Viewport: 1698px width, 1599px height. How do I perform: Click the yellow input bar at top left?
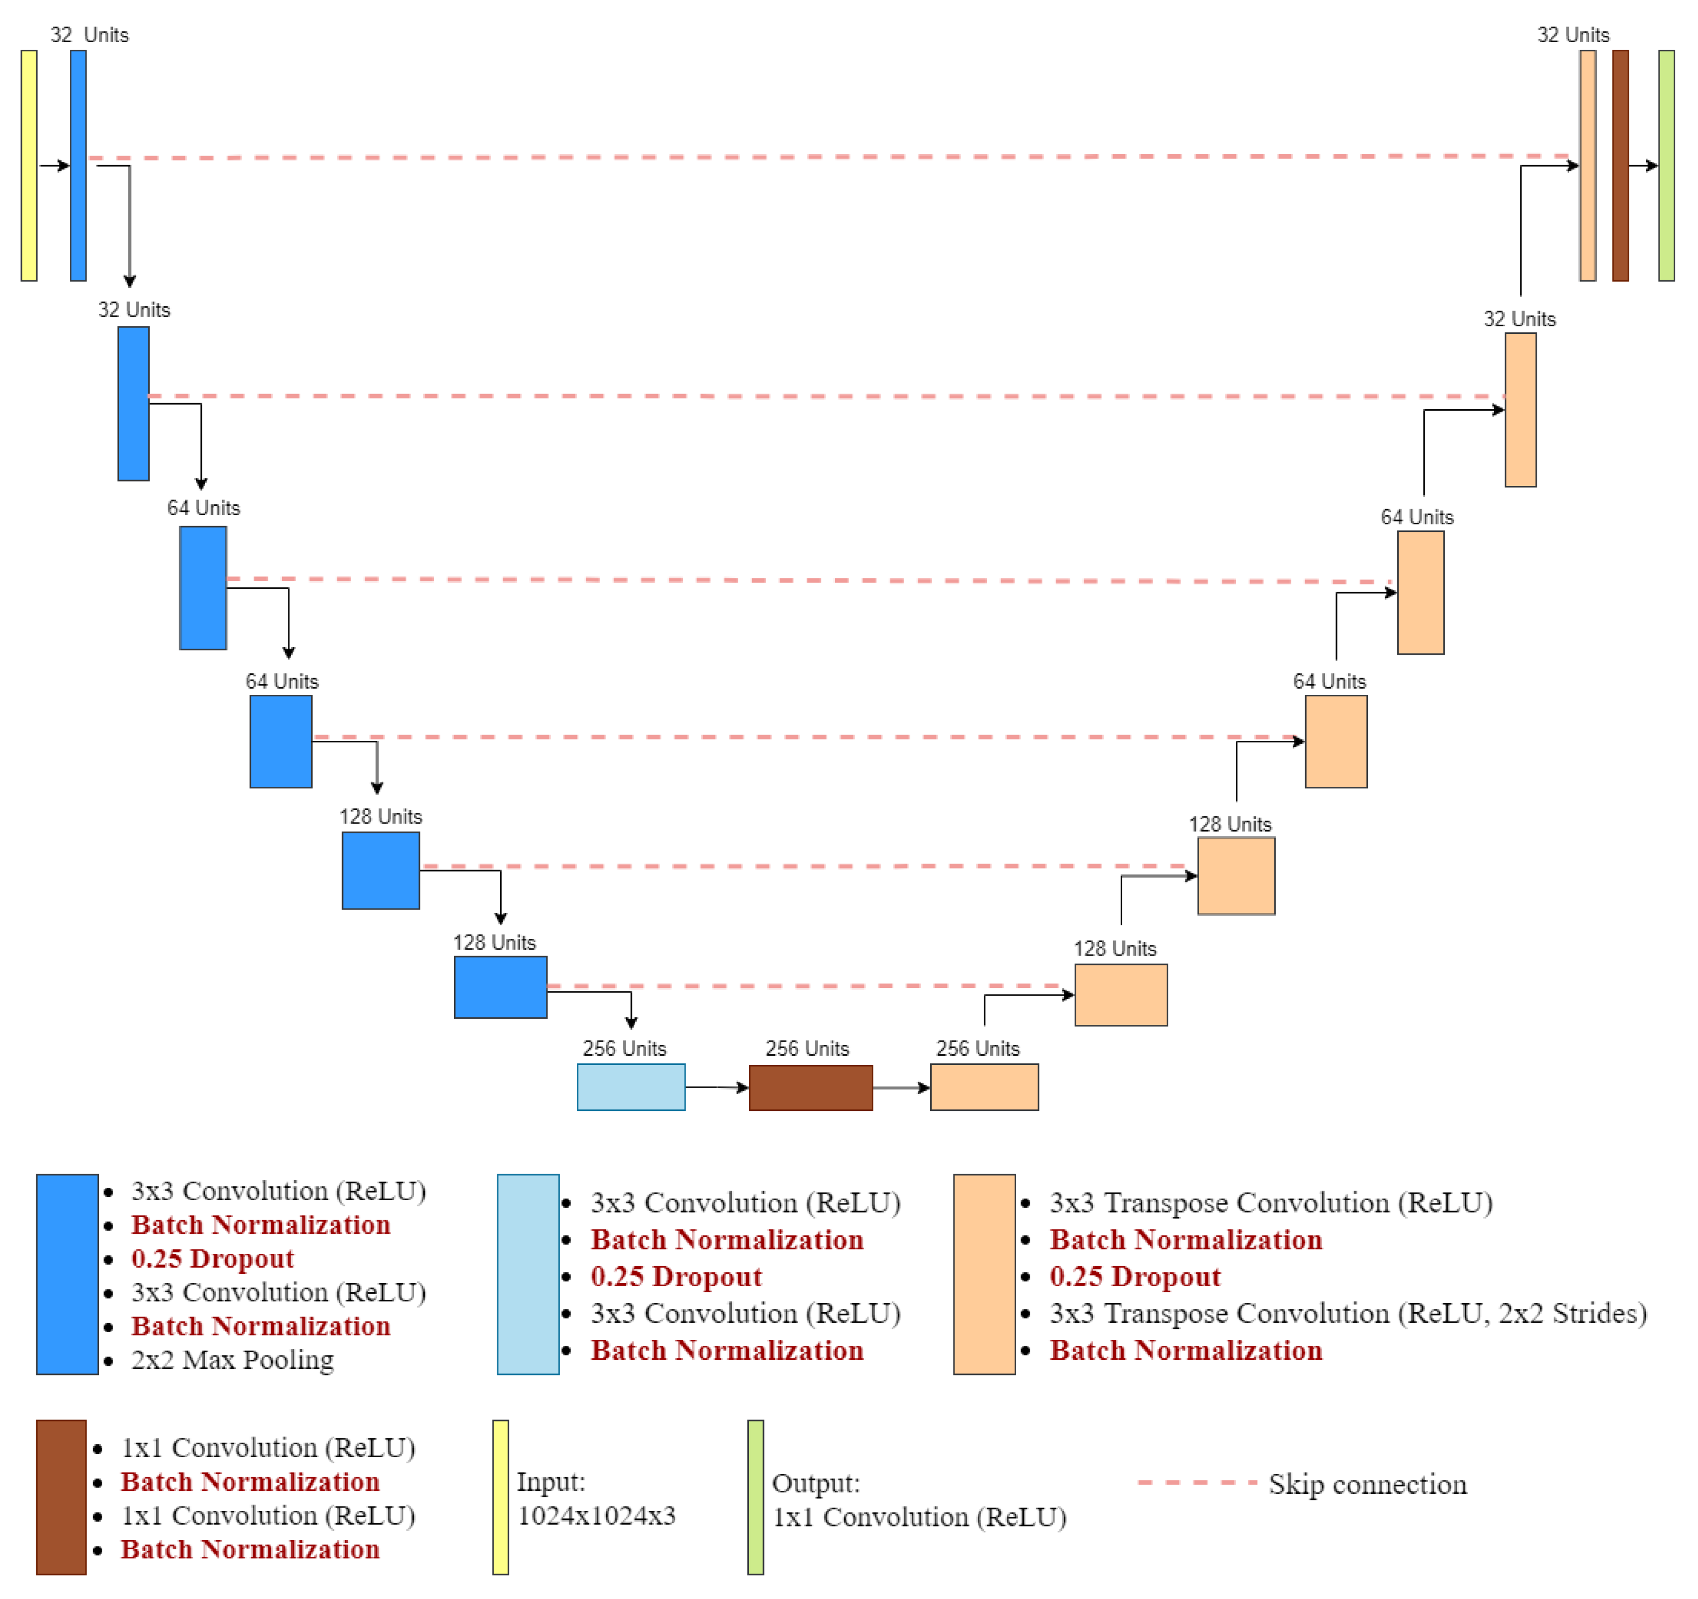29,165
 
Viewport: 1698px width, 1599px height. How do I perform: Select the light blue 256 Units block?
630,1087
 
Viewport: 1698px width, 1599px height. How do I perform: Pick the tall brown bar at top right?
1620,165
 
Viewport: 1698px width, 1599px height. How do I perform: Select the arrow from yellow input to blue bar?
54,165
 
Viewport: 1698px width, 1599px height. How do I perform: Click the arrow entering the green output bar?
1643,165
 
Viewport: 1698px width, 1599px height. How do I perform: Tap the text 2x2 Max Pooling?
232,1360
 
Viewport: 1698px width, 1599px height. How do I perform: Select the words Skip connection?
1367,1484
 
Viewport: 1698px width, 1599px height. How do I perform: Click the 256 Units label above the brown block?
807,1048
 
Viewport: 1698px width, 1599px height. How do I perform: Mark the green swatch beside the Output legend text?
755,1497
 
